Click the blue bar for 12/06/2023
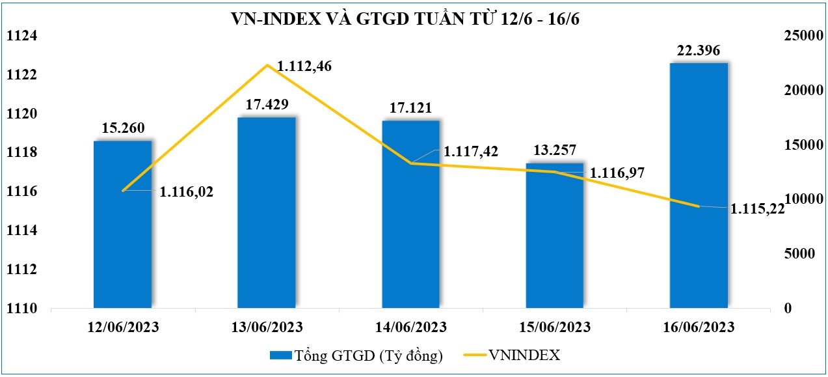coord(122,225)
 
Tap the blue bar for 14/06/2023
coord(410,215)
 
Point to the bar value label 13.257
coord(555,151)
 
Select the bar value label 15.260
coord(122,128)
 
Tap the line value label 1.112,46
coord(304,66)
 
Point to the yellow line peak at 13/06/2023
coord(267,65)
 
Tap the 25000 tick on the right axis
coord(798,36)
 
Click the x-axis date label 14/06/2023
coord(410,326)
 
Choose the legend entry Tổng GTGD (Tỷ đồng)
coord(356,356)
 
